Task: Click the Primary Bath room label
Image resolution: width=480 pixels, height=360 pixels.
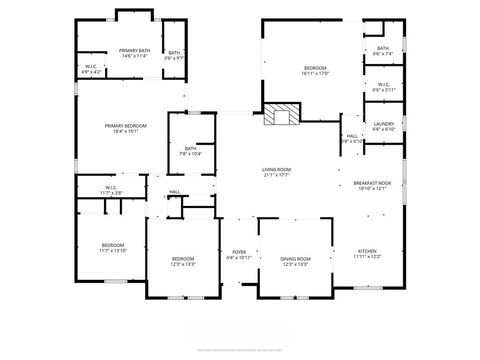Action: tap(134, 53)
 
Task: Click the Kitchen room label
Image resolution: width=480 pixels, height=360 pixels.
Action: tap(368, 254)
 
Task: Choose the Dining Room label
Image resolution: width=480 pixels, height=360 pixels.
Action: tap(296, 261)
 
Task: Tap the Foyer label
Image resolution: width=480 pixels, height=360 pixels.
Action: tap(239, 254)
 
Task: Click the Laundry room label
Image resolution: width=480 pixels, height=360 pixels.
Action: tap(383, 126)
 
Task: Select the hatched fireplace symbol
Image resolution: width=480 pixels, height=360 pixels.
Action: tap(281, 115)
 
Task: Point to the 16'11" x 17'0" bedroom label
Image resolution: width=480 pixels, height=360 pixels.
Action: tap(315, 70)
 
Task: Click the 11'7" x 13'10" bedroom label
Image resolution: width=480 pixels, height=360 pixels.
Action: tap(112, 248)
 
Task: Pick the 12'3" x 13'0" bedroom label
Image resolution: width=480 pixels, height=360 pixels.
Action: tap(183, 261)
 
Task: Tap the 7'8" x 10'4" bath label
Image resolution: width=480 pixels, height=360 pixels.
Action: tap(190, 151)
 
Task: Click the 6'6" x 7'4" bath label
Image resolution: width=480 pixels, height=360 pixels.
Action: tap(383, 51)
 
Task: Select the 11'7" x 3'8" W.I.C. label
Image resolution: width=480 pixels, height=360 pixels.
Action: tap(112, 189)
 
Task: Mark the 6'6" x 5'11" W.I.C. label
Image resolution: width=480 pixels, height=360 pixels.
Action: tap(383, 87)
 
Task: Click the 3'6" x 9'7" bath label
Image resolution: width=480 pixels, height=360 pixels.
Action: tap(174, 55)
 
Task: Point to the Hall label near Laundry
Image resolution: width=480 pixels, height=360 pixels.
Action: tap(352, 138)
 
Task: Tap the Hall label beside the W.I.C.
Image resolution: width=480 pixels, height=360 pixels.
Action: tap(174, 192)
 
